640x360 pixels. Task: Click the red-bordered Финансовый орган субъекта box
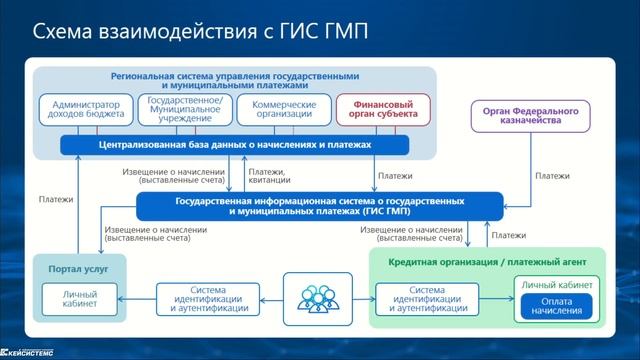[383, 110]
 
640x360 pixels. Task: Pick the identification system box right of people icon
[426, 298]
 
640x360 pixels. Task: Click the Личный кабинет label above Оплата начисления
[556, 286]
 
